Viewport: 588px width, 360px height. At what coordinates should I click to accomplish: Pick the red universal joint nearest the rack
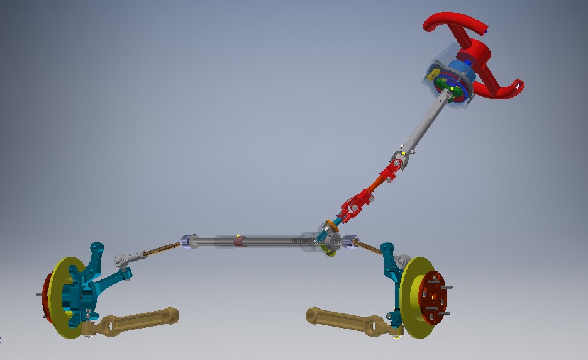[x=352, y=205]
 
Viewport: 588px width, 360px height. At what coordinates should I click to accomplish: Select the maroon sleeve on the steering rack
[x=238, y=240]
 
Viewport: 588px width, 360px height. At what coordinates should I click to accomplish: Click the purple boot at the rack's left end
[x=186, y=240]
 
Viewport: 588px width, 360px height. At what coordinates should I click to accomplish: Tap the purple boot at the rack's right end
[x=349, y=240]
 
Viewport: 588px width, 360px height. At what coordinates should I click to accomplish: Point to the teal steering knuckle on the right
[x=391, y=271]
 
